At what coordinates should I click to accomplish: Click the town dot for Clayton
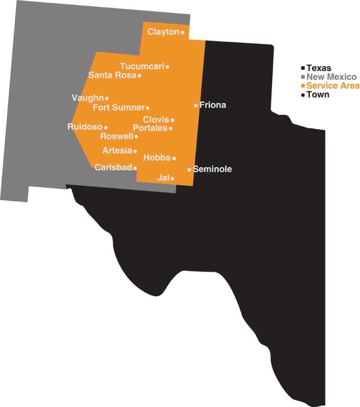point(183,33)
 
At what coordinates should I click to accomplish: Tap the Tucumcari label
point(142,66)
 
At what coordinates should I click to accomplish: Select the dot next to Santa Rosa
point(139,76)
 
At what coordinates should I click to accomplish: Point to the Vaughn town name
point(88,98)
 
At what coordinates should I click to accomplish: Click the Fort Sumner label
point(118,107)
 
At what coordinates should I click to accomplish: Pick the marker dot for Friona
point(196,105)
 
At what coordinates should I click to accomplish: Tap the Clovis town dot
point(172,120)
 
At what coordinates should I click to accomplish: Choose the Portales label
point(150,128)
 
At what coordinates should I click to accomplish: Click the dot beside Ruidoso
point(106,127)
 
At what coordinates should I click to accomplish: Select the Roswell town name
point(117,136)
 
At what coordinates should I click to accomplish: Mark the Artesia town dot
point(135,151)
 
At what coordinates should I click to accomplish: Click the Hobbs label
point(157,157)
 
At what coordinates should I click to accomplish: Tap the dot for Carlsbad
point(135,168)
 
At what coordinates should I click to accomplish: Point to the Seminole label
point(212,169)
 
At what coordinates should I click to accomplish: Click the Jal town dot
point(172,178)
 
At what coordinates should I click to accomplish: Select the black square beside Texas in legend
point(303,68)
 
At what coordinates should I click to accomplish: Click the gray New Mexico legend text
point(331,77)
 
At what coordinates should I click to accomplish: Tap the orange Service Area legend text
point(333,86)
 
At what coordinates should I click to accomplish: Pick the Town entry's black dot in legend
point(303,95)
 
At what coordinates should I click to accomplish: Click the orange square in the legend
point(303,86)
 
